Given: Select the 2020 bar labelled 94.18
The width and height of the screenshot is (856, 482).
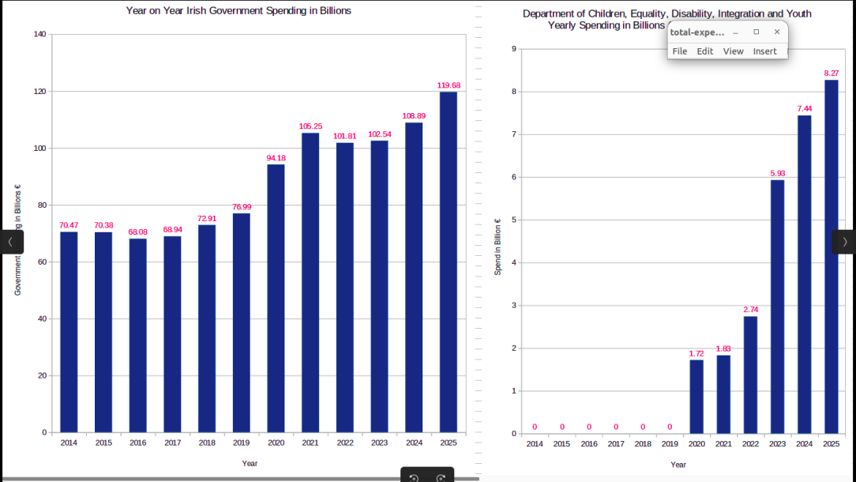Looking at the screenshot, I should point(276,298).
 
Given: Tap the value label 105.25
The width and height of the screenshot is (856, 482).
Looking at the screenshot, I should point(310,126).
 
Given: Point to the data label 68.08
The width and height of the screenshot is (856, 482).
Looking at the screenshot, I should point(138,232).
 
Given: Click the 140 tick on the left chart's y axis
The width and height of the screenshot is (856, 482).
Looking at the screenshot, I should point(39,34).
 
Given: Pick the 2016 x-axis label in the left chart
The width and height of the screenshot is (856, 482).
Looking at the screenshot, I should point(138,443).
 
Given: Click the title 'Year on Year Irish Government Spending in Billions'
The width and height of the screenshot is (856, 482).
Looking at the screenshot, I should point(238,11).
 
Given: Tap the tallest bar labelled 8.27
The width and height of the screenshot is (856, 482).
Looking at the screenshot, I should point(832,256).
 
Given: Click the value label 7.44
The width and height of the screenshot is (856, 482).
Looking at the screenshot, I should point(805,109).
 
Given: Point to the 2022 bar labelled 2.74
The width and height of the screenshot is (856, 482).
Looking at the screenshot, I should point(750,375).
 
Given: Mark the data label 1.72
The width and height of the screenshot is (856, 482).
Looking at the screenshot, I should point(696,353).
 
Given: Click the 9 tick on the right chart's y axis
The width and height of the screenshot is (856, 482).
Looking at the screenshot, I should point(514,49).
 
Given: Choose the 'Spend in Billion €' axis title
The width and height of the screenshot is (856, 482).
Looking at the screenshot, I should point(498,247).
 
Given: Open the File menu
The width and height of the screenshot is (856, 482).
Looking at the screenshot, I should point(680,51).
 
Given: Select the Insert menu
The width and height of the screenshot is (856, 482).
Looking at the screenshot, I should point(764,51).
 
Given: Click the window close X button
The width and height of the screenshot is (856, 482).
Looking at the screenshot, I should point(777,32).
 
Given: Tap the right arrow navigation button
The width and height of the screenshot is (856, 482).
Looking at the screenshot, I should point(844,242).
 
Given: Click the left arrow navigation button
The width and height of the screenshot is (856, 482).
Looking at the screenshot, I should point(10,242).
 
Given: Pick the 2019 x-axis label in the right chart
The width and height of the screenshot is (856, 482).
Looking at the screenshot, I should point(670,444).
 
